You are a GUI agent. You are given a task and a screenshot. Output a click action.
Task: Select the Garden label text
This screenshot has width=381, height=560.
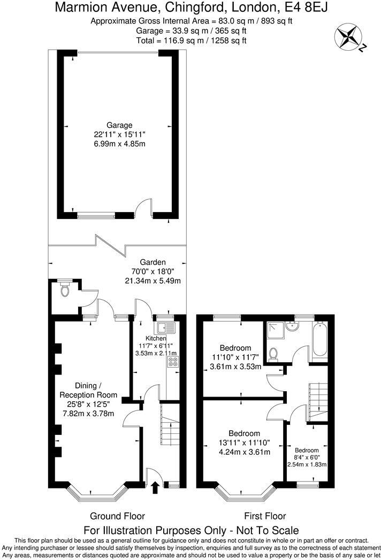(x=153, y=262)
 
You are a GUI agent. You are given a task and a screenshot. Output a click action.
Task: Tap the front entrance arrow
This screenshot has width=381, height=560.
(x=155, y=487)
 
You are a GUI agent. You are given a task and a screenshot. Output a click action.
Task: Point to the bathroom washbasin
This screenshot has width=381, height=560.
(x=292, y=327)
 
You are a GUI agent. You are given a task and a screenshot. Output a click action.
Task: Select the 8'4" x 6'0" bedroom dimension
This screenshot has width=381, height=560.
(x=306, y=457)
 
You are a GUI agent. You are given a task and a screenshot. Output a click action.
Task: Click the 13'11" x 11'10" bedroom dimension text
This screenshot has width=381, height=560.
(x=244, y=442)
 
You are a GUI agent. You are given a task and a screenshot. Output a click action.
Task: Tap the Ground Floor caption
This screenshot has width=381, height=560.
(x=117, y=516)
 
